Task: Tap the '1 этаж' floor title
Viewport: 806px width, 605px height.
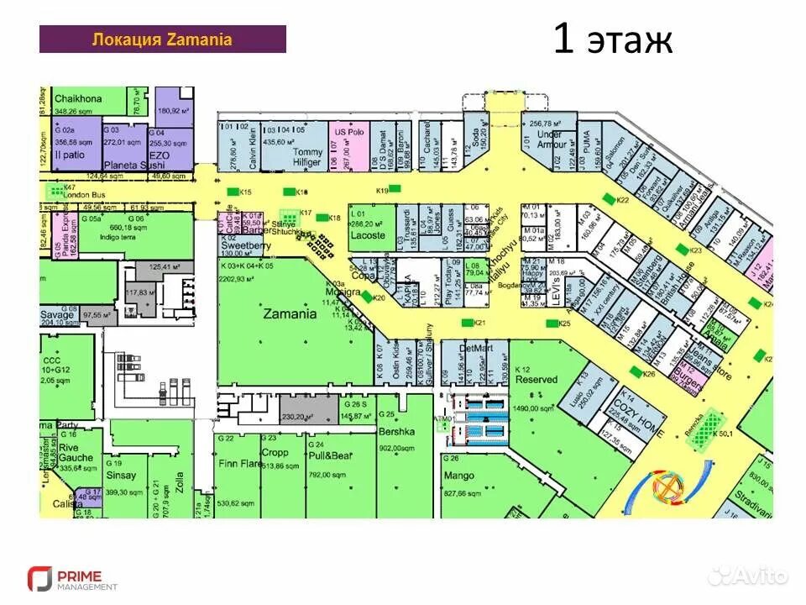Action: [x=612, y=39]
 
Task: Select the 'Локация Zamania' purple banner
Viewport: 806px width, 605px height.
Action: [x=162, y=39]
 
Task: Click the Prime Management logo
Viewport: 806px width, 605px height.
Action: [x=72, y=579]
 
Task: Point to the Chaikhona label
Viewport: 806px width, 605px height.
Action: [x=78, y=99]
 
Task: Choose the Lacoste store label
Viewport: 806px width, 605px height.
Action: [x=368, y=236]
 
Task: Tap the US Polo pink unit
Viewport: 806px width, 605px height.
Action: [x=348, y=133]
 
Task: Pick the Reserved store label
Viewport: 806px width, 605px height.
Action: [x=536, y=380]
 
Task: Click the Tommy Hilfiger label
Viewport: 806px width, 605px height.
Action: [x=307, y=157]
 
